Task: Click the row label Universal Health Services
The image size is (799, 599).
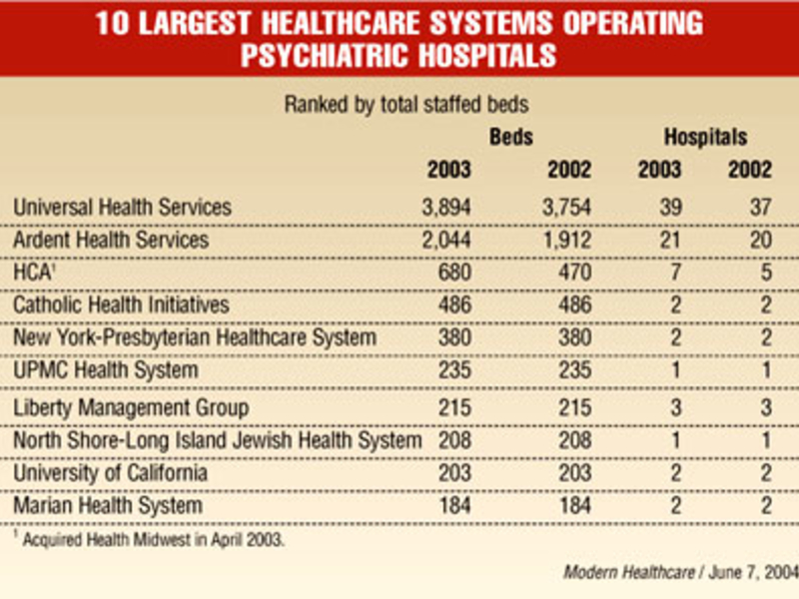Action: [x=122, y=208]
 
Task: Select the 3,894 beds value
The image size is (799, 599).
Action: [x=440, y=208]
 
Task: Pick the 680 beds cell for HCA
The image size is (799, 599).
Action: [x=452, y=273]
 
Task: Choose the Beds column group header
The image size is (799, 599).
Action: [x=510, y=138]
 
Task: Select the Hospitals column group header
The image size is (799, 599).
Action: [x=705, y=138]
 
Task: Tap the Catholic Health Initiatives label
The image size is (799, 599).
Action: [x=121, y=304]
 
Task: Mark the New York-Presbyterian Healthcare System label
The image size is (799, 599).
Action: [x=195, y=337]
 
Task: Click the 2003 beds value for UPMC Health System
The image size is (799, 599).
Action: [x=452, y=370]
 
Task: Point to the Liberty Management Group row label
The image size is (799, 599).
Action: [x=131, y=407]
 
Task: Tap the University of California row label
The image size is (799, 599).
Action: [x=110, y=472]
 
